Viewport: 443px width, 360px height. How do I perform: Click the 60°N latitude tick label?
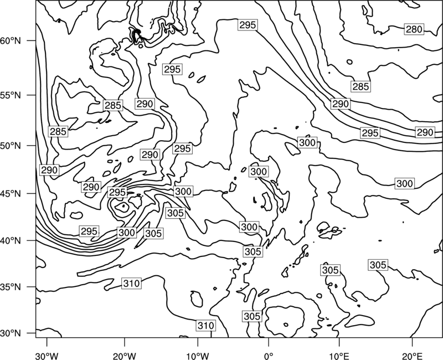pos(11,41)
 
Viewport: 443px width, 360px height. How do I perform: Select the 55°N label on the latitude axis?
pos(11,95)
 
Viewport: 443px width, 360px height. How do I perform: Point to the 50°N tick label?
pos(11,146)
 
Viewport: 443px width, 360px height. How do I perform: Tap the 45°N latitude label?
pos(11,194)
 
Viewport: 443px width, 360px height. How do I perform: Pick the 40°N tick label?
pos(11,241)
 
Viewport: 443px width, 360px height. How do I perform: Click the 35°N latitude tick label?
pos(11,287)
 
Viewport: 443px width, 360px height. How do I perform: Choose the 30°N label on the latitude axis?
pos(11,333)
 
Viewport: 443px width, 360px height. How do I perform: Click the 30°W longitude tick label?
pos(47,356)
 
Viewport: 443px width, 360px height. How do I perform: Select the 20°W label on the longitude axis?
pos(124,356)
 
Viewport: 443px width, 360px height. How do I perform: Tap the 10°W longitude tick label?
pos(198,356)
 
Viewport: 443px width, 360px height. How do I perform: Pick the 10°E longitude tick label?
pos(339,356)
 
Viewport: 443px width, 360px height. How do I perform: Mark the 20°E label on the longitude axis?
pos(412,356)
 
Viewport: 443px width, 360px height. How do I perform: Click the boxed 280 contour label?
pos(414,29)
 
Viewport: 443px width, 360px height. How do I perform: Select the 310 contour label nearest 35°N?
pos(131,283)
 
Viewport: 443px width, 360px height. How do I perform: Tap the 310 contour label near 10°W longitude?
pos(206,326)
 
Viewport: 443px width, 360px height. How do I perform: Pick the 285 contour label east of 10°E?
pos(360,86)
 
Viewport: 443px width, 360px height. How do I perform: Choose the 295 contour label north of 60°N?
pos(248,25)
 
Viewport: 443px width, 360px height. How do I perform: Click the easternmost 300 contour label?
pos(405,184)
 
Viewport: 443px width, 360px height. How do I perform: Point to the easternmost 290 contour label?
pos(425,132)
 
